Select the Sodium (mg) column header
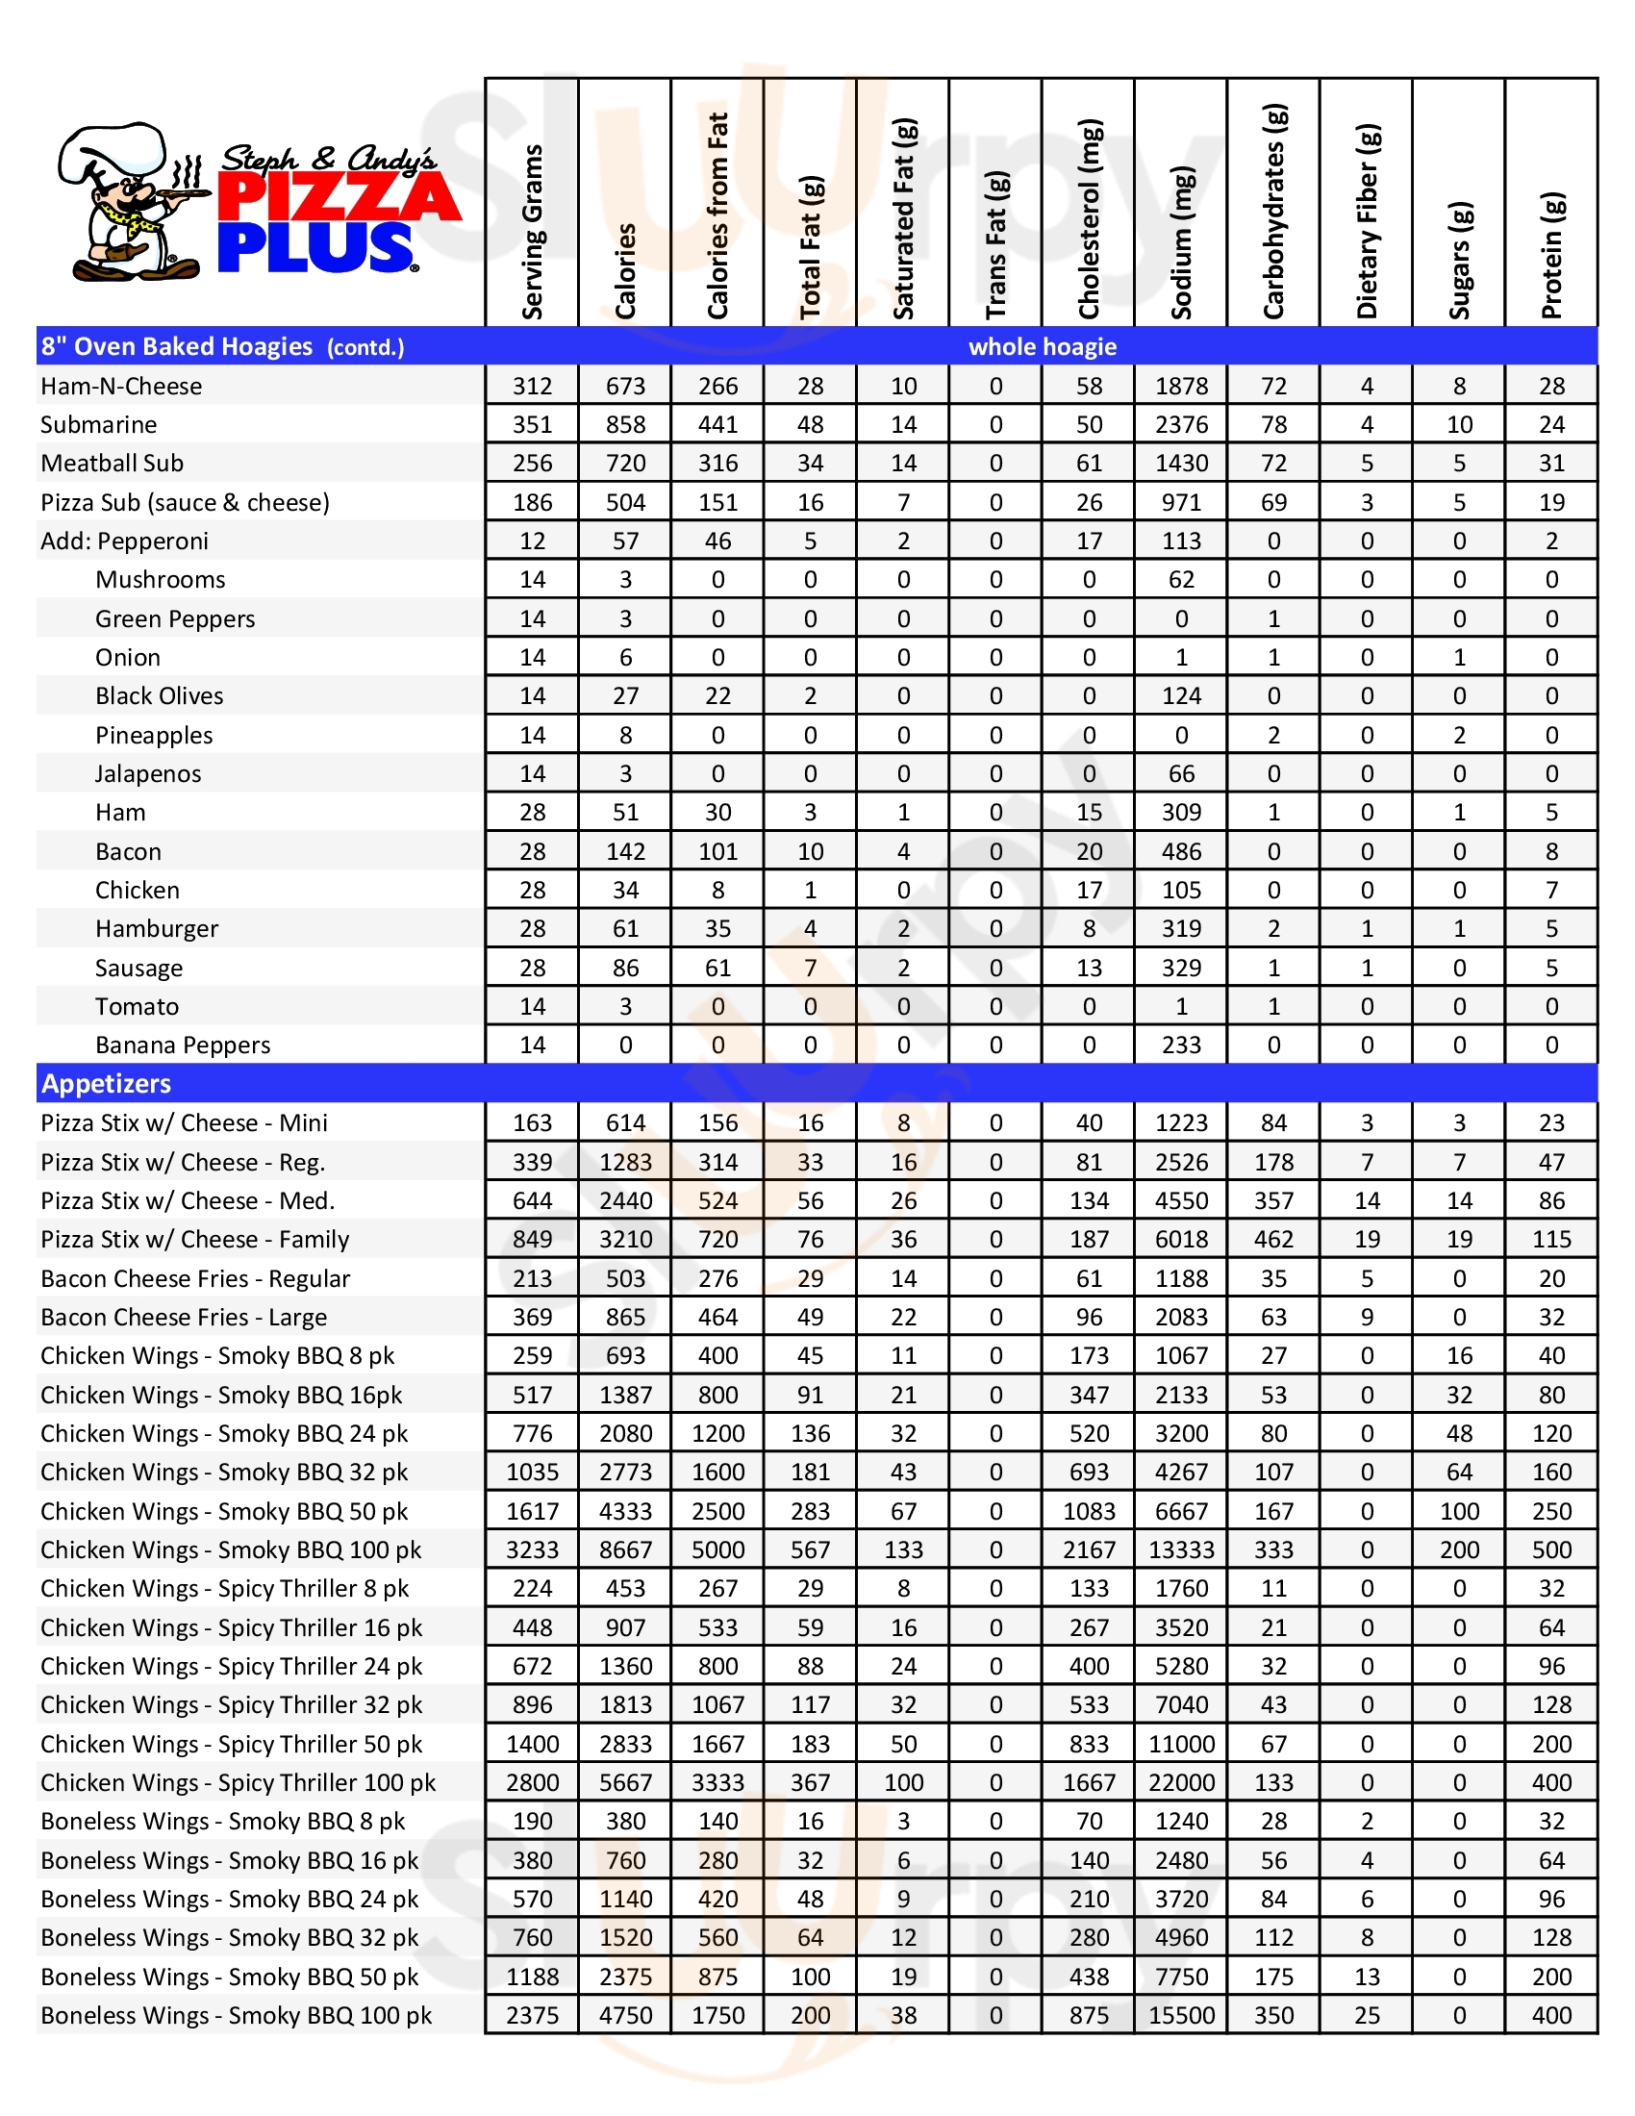1182,242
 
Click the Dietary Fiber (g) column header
1367,221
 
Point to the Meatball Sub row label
112,464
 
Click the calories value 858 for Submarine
625,424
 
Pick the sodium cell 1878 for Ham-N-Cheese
1182,386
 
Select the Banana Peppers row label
182,1045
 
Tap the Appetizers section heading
106,1083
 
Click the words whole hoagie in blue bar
1043,347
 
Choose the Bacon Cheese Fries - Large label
184,1317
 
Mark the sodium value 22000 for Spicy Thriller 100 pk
1182,1782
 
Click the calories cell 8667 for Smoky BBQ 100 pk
625,1550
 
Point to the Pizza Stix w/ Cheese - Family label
194,1239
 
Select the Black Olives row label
159,695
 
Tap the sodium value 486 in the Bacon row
1182,851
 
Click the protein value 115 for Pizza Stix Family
1551,1239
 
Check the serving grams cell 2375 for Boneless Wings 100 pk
532,2015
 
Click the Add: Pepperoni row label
124,541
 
